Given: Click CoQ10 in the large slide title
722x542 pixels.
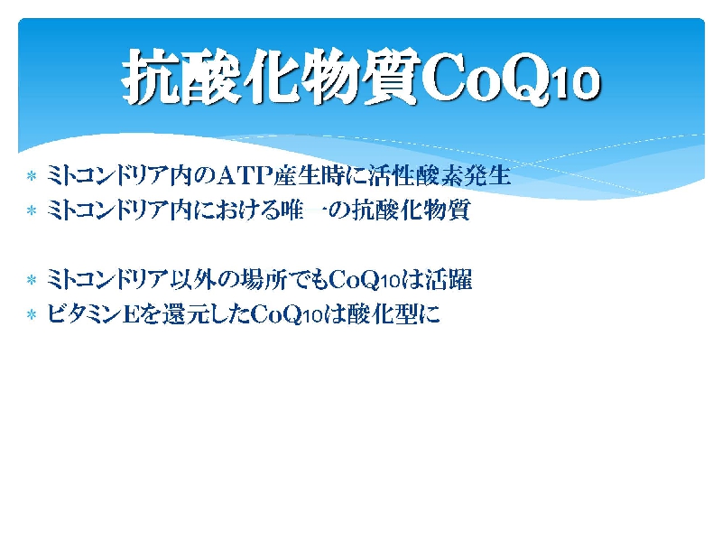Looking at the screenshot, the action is tap(510, 79).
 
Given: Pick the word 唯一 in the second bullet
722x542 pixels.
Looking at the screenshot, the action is tap(304, 210).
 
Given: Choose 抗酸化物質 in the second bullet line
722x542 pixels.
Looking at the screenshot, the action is tap(412, 210).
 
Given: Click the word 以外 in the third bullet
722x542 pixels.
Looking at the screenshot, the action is tap(193, 280).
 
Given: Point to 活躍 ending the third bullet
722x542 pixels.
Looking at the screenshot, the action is tap(449, 280).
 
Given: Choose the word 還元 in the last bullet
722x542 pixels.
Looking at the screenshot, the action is tap(185, 314).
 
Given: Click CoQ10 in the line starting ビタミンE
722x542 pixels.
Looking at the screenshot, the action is tap(287, 314).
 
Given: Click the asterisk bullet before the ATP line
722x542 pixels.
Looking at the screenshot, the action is tap(32, 175).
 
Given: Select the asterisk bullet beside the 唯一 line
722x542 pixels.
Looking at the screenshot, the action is tap(32, 210).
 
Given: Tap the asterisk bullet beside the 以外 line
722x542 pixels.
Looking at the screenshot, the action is tap(32, 280).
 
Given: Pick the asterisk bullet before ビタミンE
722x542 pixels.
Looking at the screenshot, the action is tap(32, 314).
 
